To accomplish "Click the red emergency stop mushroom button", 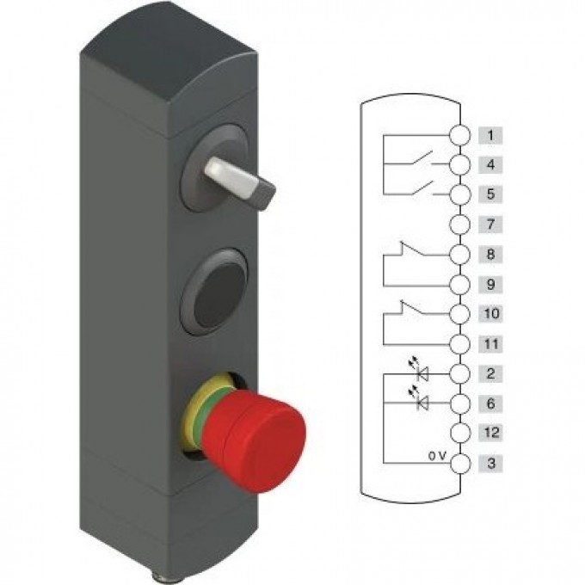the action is coord(255,440).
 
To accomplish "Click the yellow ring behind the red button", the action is coord(194,410).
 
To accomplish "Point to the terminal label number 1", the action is coord(490,135).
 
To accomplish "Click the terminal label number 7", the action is coord(490,225).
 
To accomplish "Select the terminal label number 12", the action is coord(490,433).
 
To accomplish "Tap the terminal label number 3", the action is coord(490,463).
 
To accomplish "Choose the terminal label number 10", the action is coord(490,313).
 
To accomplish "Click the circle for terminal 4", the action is coord(459,164).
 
